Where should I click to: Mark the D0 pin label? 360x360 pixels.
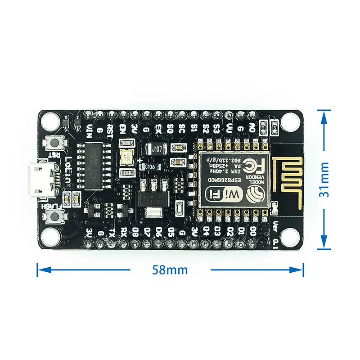253,231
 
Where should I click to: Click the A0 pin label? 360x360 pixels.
252,129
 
